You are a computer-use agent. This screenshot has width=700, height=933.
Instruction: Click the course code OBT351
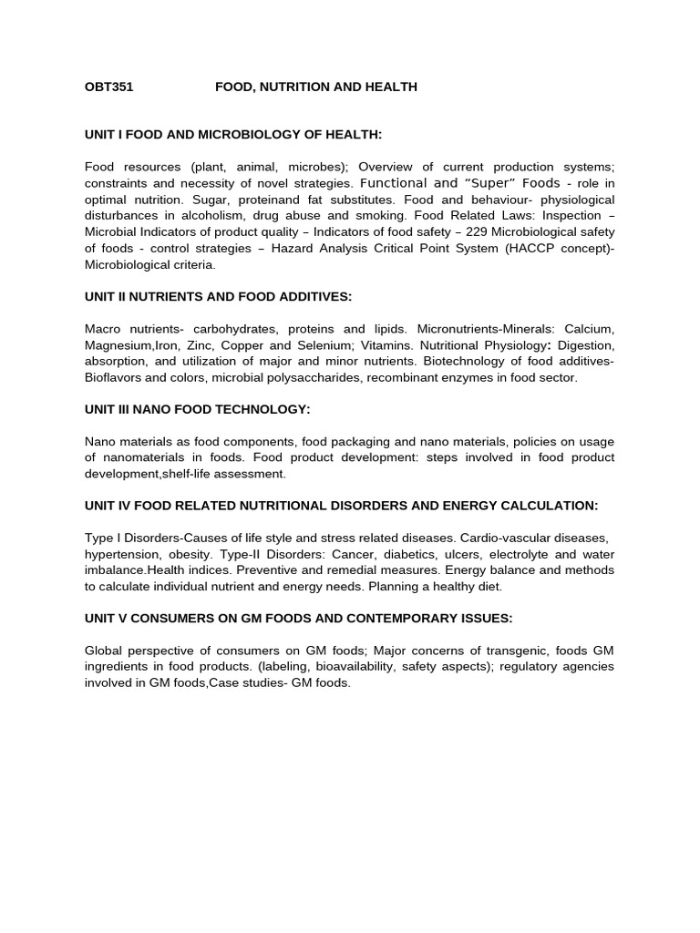click(x=108, y=87)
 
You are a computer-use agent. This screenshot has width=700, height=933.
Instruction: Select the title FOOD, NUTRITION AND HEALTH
click(x=315, y=87)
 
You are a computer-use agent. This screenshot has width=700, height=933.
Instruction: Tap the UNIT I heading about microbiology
click(x=233, y=135)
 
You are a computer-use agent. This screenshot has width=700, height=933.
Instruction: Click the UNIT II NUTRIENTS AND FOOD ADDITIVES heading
click(x=218, y=296)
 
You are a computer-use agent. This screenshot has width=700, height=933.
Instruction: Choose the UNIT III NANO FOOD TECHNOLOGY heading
click(x=198, y=409)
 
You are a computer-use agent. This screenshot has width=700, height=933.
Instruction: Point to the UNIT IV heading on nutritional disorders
click(x=341, y=506)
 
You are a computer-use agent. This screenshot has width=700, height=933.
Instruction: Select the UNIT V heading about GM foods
click(x=298, y=619)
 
